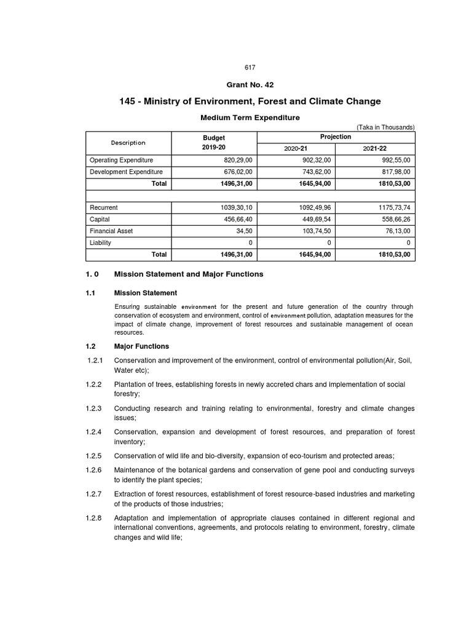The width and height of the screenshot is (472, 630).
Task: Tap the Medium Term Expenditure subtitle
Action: pos(250,117)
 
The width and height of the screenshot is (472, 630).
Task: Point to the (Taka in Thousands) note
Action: pos(386,127)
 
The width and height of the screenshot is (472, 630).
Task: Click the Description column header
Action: pos(128,143)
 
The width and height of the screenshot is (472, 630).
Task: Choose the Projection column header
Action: pos(336,137)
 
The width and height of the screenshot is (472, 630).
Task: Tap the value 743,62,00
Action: pos(313,172)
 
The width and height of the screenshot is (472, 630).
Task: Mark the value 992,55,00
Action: pos(394,160)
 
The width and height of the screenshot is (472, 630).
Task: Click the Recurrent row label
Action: pos(104,207)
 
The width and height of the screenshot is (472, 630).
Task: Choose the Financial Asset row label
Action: pos(111,231)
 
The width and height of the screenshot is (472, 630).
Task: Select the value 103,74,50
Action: pos(313,231)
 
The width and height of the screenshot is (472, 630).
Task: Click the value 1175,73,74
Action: pos(392,207)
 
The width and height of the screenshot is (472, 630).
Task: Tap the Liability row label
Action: pos(101,242)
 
